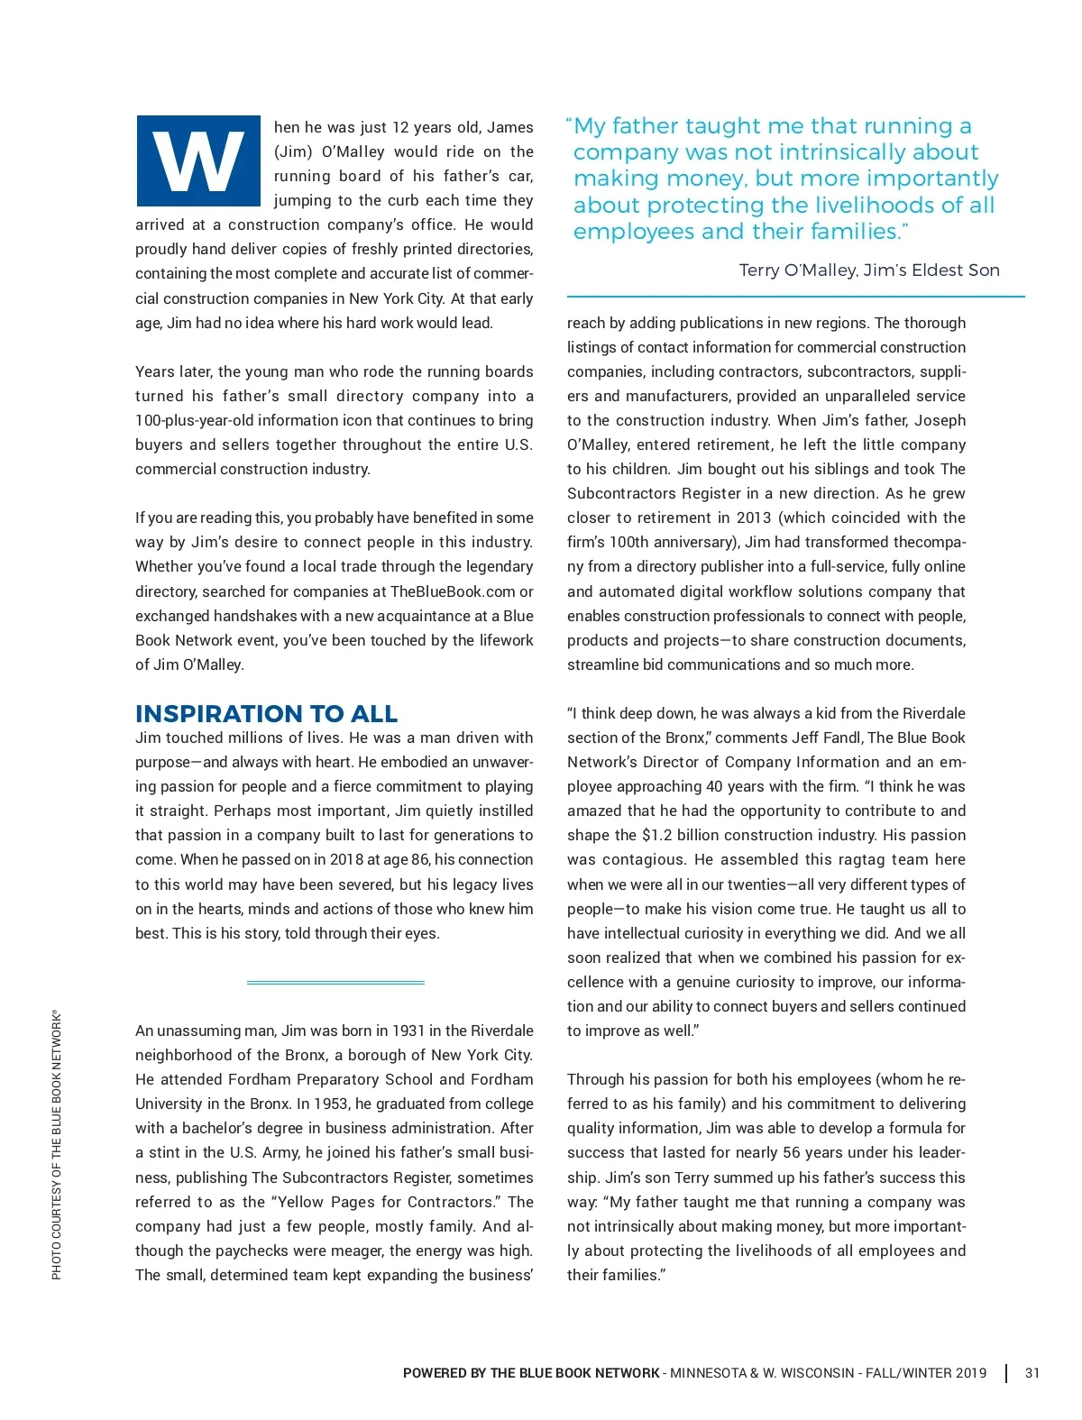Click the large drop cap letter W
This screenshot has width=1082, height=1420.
(198, 161)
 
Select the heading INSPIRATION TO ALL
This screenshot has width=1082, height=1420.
(266, 713)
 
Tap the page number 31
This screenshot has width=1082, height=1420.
(1032, 1373)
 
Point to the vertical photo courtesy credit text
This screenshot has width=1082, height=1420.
(56, 1144)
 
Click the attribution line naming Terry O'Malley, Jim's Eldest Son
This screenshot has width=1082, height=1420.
(869, 270)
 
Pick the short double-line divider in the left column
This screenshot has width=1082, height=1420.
(335, 982)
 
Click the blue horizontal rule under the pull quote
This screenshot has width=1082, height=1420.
(795, 296)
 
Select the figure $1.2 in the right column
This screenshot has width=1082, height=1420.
(661, 835)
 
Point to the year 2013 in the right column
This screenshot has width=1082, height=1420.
(753, 518)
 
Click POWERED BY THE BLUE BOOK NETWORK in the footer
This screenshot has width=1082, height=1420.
(531, 1373)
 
